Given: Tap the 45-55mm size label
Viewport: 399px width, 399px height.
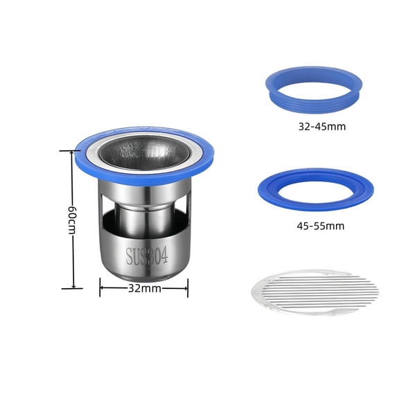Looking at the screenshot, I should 319,226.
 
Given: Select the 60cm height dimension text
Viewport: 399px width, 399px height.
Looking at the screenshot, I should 71,220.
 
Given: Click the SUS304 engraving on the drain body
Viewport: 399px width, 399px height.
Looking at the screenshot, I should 148,257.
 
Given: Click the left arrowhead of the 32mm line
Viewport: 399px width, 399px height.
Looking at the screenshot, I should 103,289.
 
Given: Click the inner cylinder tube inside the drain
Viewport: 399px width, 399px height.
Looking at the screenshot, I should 144,215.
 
